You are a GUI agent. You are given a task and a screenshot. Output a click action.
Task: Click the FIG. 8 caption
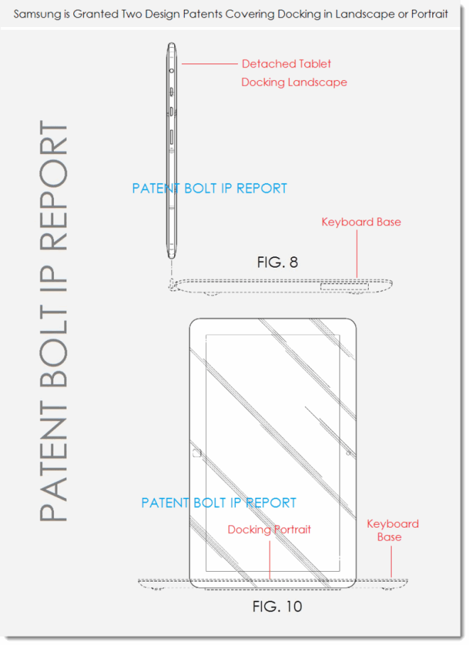tap(277, 262)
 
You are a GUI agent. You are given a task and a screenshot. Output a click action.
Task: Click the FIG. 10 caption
tap(277, 607)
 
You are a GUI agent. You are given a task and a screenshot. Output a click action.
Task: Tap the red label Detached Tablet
tap(286, 64)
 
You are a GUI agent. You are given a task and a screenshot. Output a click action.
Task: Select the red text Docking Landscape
tap(294, 82)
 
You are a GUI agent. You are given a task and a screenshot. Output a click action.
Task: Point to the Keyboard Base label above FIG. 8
tap(361, 222)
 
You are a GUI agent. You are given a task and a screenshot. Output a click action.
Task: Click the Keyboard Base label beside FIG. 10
tap(392, 530)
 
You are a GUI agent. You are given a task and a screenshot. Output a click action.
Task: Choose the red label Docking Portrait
tap(269, 529)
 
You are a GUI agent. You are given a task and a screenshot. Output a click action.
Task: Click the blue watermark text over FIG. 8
tap(210, 188)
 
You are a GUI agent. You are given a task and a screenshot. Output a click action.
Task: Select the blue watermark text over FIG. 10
tap(219, 503)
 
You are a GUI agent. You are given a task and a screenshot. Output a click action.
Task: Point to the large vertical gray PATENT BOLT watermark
tap(53, 321)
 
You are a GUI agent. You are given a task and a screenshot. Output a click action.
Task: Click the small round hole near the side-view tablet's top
tap(171, 71)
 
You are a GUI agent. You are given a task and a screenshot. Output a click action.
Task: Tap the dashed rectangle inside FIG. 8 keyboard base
tap(345, 286)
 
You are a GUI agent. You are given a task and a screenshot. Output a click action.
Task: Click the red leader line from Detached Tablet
tap(210, 64)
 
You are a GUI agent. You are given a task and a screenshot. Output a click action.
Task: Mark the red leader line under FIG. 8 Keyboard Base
tap(357, 254)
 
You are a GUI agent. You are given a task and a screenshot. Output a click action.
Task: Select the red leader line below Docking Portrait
tap(270, 560)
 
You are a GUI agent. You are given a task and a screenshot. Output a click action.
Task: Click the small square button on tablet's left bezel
tap(197, 453)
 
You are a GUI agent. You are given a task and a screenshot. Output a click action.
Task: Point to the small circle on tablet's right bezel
tap(348, 453)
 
